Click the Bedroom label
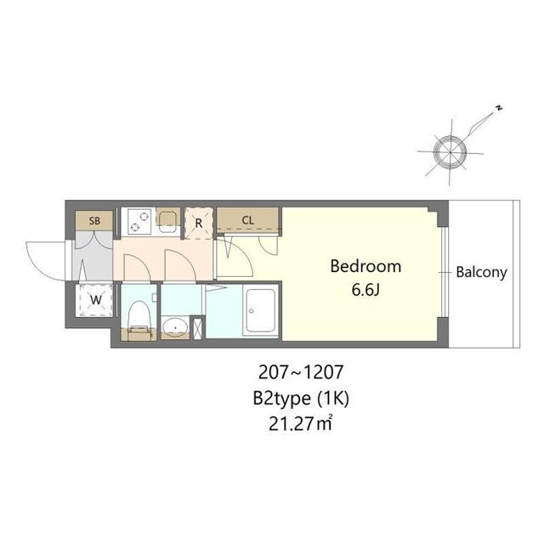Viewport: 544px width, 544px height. pyautogui.click(x=365, y=266)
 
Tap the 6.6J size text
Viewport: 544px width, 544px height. pyautogui.click(x=365, y=290)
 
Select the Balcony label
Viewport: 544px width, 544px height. pyautogui.click(x=481, y=272)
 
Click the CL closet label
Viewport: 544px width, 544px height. pyautogui.click(x=247, y=220)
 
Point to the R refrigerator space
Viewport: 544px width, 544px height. pyautogui.click(x=198, y=223)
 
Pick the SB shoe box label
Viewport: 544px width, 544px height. pyautogui.click(x=94, y=221)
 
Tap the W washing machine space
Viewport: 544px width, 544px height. pyautogui.click(x=95, y=300)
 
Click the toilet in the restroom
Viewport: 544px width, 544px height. pyautogui.click(x=139, y=319)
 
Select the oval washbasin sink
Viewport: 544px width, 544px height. pyautogui.click(x=175, y=327)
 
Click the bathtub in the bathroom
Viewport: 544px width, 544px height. pyautogui.click(x=261, y=309)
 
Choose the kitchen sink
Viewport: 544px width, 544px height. pyautogui.click(x=168, y=220)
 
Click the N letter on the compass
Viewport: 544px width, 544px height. pyautogui.click(x=499, y=108)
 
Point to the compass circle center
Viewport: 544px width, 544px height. pyautogui.click(x=450, y=152)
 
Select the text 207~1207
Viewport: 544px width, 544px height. pyautogui.click(x=301, y=372)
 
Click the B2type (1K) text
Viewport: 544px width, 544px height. pyautogui.click(x=300, y=399)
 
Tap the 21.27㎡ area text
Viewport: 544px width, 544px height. pyautogui.click(x=300, y=424)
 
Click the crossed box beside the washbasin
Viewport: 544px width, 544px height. pyautogui.click(x=197, y=327)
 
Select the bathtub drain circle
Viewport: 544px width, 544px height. pyautogui.click(x=252, y=311)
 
